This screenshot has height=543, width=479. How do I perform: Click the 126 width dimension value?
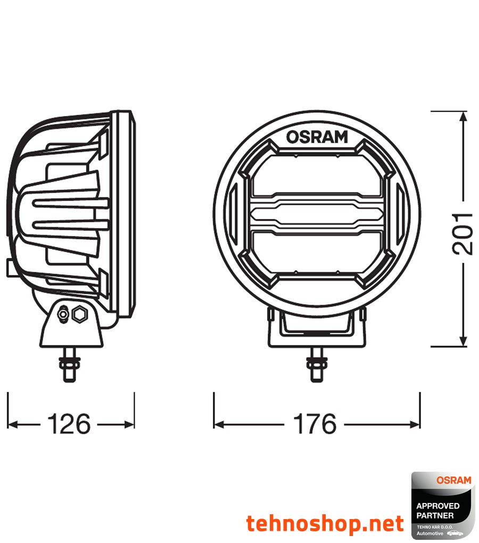coord(69,424)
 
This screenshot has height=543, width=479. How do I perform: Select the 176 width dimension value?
coord(315,424)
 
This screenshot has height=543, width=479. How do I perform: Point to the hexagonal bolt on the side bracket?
coord(80,315)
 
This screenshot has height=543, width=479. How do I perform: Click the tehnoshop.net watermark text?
coord(325,524)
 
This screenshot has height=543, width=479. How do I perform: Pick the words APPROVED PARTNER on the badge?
coord(435,511)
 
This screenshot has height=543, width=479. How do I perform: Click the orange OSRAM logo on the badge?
coord(453,480)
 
